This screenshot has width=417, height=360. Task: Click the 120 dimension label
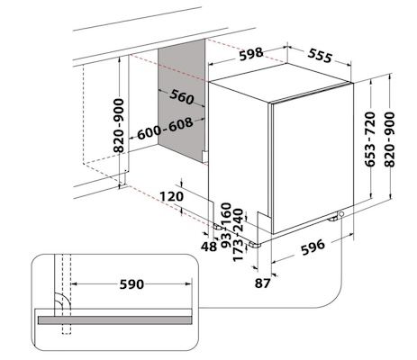(172, 196)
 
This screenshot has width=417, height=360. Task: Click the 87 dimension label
(264, 284)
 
